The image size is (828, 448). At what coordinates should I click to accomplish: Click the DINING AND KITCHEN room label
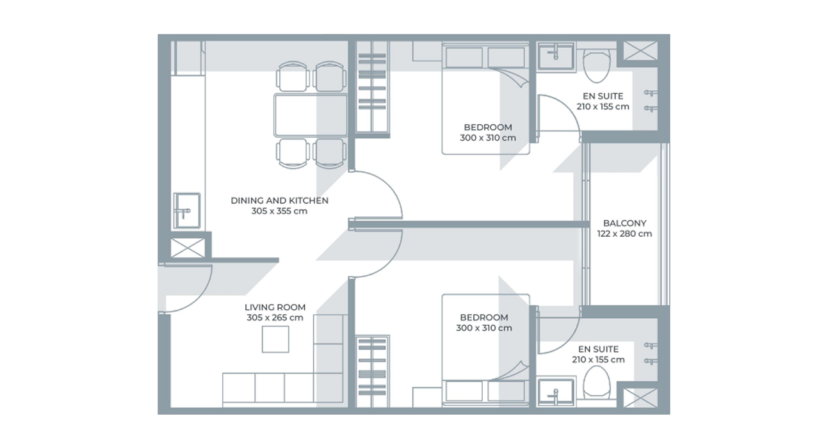coord(279,200)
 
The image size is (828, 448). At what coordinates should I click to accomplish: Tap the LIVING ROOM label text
coord(275,307)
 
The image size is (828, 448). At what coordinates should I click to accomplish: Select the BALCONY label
coord(624,223)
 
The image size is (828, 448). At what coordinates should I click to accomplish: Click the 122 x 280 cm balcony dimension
coord(624,234)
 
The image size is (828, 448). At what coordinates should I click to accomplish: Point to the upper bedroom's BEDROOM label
coord(488,127)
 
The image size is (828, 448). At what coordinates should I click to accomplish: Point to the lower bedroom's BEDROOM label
coord(484,317)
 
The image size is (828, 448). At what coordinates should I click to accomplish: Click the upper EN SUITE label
coord(603,96)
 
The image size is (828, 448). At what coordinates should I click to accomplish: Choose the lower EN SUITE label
coord(598,349)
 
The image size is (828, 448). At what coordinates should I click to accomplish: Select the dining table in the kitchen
coord(311,115)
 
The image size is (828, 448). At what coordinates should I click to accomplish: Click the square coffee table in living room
coord(275,339)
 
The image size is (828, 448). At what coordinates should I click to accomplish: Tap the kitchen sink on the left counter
coord(186,209)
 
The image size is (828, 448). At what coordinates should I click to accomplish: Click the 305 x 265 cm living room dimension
coord(275,317)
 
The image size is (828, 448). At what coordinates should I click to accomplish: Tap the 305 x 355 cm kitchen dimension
coord(279,211)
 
